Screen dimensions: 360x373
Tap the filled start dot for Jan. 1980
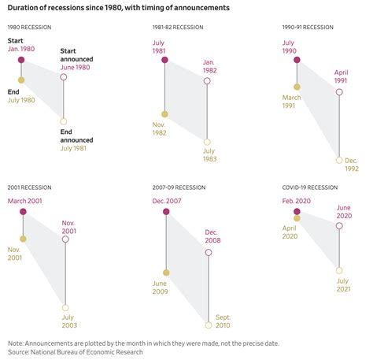click(21, 59)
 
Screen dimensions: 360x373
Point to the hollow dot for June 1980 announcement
click(63, 77)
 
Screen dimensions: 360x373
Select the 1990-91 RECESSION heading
click(310, 28)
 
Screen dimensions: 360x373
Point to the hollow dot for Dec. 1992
click(339, 160)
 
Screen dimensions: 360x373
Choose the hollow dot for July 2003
click(65, 308)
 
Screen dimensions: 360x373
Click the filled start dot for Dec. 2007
click(166, 212)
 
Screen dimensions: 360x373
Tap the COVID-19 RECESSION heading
click(312, 188)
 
